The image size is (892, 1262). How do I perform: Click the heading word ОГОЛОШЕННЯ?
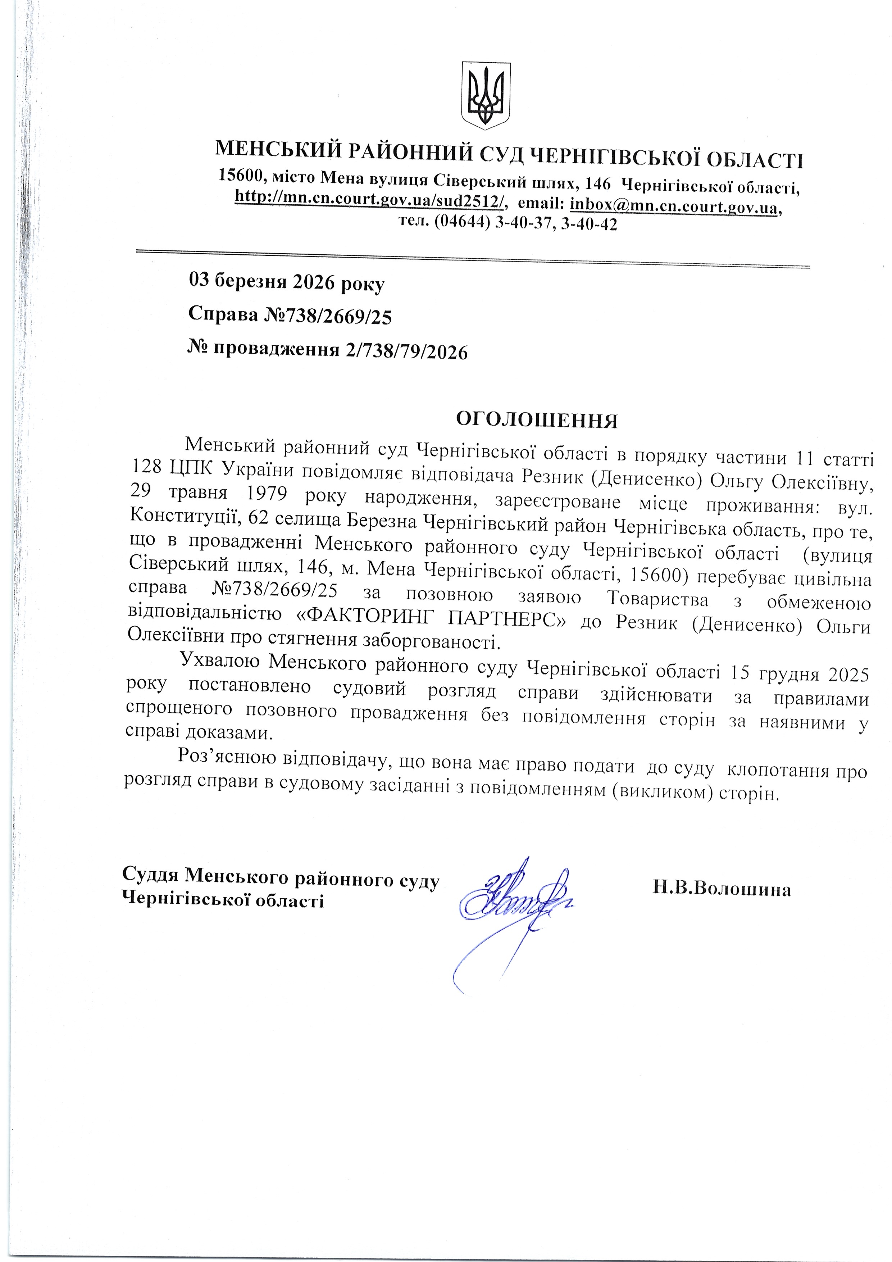(537, 420)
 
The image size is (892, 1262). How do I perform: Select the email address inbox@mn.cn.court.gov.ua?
(674, 205)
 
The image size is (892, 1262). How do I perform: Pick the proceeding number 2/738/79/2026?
(407, 351)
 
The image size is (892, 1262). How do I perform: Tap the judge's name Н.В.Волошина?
(722, 889)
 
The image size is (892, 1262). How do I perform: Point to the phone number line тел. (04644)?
(507, 224)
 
